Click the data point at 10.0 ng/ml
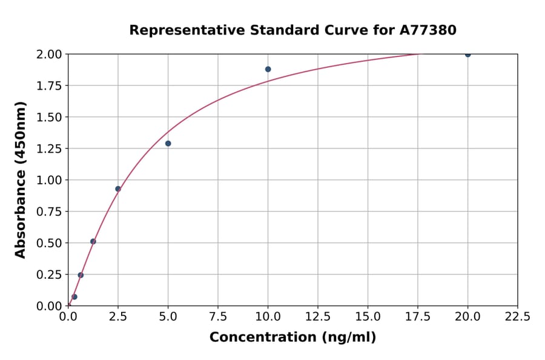(268, 69)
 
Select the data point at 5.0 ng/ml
(168, 144)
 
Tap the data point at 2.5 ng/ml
(118, 189)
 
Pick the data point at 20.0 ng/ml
(467, 55)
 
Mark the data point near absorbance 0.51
(93, 241)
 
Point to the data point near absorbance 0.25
(81, 275)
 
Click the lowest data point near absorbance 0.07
(74, 297)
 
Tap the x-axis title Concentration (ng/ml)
(292, 338)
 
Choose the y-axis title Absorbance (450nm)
(21, 180)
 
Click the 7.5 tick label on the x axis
(218, 316)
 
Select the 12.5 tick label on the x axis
(317, 316)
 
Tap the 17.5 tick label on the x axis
(417, 316)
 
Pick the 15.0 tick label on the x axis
(368, 316)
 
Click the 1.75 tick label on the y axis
(49, 85)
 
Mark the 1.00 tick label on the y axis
(49, 180)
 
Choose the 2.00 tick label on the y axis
(49, 55)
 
